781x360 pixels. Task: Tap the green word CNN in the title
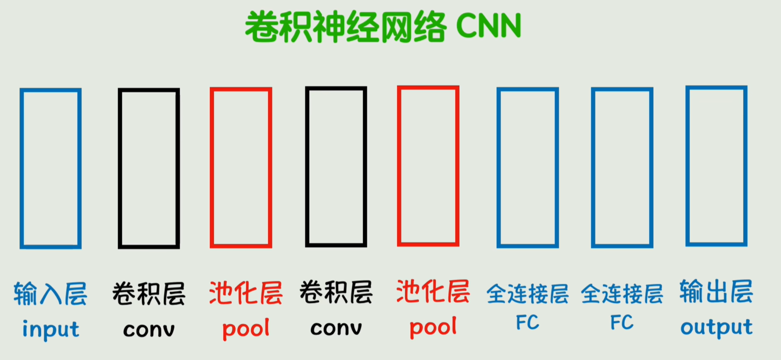[488, 27]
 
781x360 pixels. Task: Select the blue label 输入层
[51, 294]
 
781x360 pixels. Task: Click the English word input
[51, 329]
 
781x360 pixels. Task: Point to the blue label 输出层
[716, 292]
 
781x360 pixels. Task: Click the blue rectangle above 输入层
[51, 168]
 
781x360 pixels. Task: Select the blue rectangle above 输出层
[716, 166]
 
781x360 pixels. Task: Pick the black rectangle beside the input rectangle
[149, 168]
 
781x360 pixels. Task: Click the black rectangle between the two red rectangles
[336, 167]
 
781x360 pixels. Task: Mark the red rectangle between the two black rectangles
[241, 168]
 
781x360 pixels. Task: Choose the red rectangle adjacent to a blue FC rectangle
[428, 166]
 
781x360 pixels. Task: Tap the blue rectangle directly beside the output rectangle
[622, 167]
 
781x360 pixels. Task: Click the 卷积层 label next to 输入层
[149, 294]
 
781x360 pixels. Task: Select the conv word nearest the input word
[149, 329]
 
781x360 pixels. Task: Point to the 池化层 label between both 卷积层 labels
[246, 293]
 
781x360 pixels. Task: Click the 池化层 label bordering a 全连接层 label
[433, 292]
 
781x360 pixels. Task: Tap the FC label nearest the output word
[622, 323]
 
